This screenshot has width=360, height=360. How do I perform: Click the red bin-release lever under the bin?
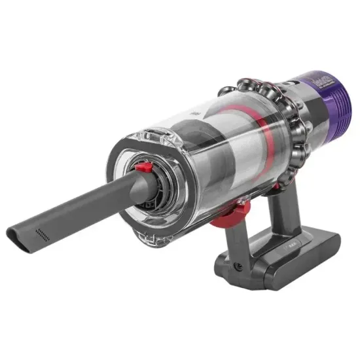click(x=236, y=209)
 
